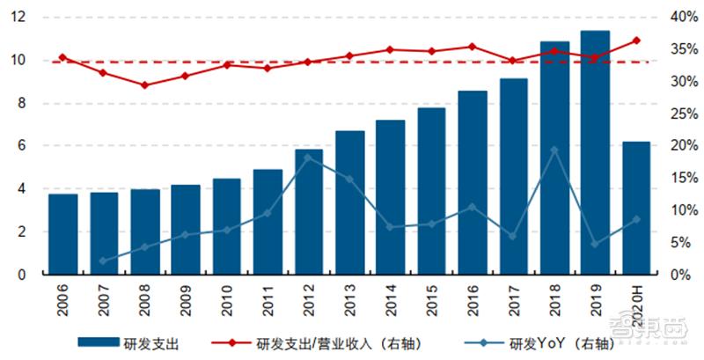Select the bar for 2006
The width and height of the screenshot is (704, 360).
coord(62,234)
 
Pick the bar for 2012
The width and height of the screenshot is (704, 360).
coord(308,211)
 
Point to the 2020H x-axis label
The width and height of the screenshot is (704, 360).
coord(636,301)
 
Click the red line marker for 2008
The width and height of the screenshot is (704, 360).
coord(144,85)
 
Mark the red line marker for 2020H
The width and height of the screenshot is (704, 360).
coord(636,40)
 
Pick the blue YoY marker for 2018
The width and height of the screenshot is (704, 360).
coord(554,151)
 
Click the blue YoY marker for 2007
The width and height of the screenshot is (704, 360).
coord(103,261)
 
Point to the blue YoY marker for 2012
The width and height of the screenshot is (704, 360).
coord(308,158)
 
